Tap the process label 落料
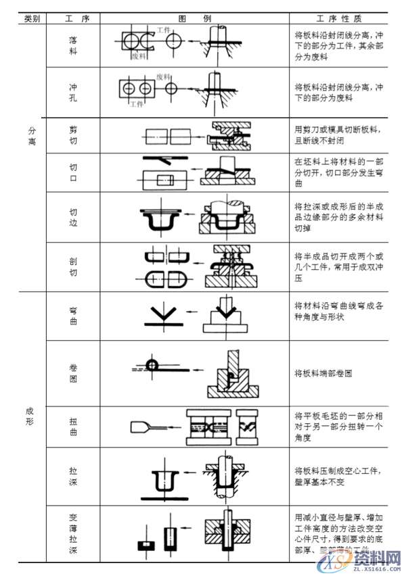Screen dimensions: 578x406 point(73,45)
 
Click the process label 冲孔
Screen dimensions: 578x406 point(73,93)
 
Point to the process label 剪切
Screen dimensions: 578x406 point(73,134)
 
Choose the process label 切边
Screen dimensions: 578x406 point(73,217)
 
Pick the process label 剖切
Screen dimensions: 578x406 point(73,268)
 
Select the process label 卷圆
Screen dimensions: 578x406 point(73,374)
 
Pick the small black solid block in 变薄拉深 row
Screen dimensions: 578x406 point(141,544)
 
